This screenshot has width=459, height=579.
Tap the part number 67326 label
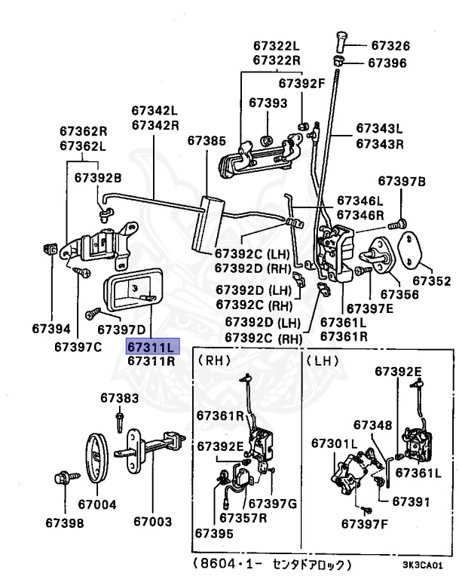click(390, 45)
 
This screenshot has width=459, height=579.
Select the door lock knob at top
click(340, 42)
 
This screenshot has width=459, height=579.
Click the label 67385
click(207, 141)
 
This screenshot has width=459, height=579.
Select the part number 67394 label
click(51, 329)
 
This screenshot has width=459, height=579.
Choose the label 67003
click(152, 522)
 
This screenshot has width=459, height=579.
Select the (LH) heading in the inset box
click(323, 360)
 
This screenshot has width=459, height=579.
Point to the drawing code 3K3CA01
click(422, 565)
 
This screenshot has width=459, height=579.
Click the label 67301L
click(335, 443)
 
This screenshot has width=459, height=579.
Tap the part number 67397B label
click(402, 181)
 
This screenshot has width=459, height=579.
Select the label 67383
click(120, 398)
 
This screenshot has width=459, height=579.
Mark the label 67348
click(372, 425)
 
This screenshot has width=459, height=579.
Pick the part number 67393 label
click(268, 103)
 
